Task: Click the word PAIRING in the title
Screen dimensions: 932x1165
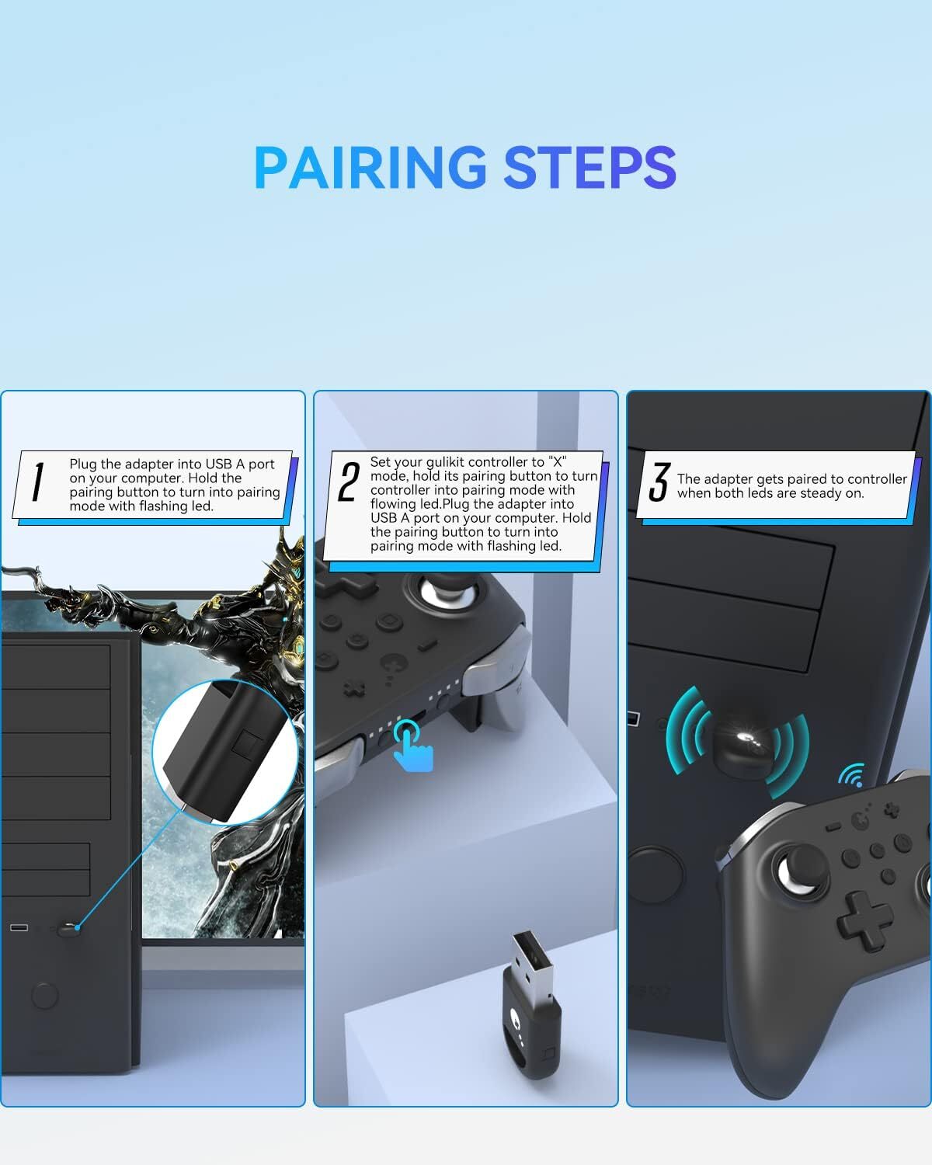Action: coord(371,167)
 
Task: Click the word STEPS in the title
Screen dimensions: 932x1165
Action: coord(589,167)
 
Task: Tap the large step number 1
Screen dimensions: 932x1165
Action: coord(37,482)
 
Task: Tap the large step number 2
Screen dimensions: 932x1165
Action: coord(349,482)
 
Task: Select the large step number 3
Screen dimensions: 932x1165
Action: coord(659,482)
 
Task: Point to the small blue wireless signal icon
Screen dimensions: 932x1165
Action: coord(852,774)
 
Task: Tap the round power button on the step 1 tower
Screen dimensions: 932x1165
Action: coord(45,994)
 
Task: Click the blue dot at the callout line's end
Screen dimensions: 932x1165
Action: coord(78,927)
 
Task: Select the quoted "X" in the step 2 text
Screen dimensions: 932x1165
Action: coord(558,461)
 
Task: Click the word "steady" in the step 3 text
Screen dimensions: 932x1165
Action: coord(820,493)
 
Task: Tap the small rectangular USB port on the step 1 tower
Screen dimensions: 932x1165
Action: coord(19,928)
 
